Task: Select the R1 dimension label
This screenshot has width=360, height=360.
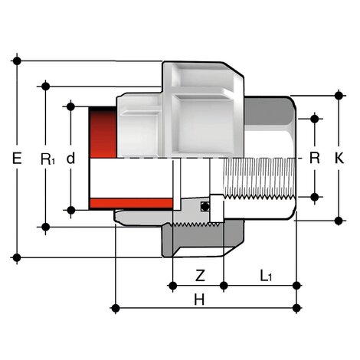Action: click(x=47, y=159)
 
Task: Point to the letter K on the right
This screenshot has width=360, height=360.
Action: click(x=339, y=159)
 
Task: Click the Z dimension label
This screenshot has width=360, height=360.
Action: click(x=200, y=274)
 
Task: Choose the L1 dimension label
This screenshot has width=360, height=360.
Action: click(x=266, y=274)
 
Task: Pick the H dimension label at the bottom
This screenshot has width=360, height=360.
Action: click(x=199, y=301)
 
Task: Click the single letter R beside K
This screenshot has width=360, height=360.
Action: click(x=313, y=159)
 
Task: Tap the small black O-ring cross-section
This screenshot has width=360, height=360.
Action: click(x=204, y=207)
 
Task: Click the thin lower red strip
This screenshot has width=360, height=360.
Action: click(x=130, y=203)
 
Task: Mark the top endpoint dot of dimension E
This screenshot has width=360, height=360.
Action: click(x=17, y=60)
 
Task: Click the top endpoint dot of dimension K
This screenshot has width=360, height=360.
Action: click(x=339, y=96)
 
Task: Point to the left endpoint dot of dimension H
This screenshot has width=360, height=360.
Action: click(x=115, y=308)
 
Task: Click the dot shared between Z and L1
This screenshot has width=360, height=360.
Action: click(x=223, y=285)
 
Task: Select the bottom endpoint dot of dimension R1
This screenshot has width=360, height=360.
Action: click(x=47, y=227)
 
